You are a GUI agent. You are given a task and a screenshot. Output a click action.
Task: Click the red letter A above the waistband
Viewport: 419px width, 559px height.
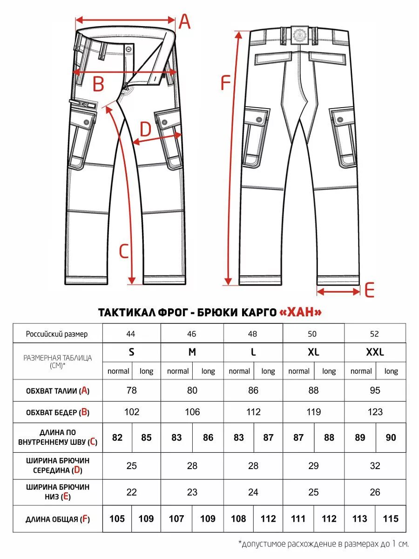pos(185,21)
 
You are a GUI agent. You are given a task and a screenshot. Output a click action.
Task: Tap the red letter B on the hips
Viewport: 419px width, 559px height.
pos(98,84)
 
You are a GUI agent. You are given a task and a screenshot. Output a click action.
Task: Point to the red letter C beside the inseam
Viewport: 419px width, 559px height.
pos(123,252)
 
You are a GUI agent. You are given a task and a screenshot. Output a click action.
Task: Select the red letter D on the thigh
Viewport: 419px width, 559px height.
pos(145,129)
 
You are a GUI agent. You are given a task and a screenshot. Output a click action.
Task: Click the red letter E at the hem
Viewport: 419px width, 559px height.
pos(369,290)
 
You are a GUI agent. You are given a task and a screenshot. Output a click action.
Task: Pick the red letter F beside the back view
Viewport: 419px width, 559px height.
pos(225,83)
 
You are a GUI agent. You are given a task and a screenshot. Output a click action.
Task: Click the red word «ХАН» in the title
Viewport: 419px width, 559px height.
pos(300,312)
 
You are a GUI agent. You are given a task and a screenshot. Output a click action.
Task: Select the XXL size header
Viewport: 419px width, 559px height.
pos(375,352)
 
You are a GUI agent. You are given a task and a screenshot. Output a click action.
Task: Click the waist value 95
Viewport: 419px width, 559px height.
pos(375,390)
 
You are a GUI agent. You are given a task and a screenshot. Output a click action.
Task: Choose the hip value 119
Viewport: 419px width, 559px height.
pos(313,412)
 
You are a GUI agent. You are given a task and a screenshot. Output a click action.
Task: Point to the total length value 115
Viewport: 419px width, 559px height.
pos(390,518)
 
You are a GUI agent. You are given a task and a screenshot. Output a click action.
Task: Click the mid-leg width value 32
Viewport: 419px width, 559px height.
pos(375,466)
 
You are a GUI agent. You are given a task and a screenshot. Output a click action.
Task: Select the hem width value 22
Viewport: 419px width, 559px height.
pos(131,492)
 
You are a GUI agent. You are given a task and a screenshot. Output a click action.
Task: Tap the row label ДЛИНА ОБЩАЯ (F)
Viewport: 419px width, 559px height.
pos(57,519)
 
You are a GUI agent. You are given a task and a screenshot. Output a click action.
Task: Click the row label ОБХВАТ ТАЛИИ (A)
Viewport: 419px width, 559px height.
pos(57,391)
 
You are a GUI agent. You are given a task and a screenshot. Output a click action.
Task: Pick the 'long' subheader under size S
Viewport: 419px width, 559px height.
pos(146,371)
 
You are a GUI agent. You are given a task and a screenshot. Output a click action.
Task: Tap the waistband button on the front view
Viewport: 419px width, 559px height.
pos(128,48)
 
